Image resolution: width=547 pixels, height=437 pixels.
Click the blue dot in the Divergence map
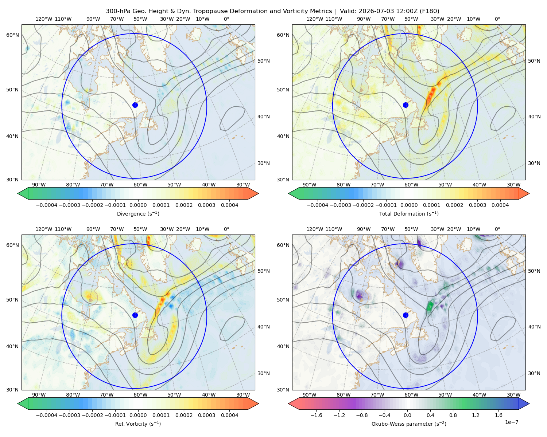[x=135, y=105]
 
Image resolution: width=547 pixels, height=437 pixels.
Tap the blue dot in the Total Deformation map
[x=406, y=105]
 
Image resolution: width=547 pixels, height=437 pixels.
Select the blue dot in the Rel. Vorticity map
[x=135, y=315]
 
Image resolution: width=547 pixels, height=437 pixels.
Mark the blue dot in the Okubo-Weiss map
[x=406, y=315]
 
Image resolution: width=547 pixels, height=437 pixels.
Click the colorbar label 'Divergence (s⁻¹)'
[x=138, y=213]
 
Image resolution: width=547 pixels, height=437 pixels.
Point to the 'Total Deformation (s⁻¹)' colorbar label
[x=409, y=213]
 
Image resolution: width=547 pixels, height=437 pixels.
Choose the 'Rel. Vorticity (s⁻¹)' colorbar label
[x=138, y=424]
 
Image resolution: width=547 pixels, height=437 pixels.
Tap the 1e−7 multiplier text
[x=511, y=422]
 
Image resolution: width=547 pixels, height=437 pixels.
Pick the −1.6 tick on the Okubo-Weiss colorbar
[x=316, y=415]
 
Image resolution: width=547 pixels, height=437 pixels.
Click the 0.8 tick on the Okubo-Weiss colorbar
[x=453, y=415]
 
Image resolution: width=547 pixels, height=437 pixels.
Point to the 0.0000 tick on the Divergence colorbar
[x=138, y=205]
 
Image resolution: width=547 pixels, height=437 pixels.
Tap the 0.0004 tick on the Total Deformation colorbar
[x=500, y=205]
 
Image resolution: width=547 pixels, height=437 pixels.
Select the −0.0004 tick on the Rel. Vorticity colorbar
[x=47, y=415]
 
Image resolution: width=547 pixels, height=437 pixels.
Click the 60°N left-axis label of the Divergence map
[x=12, y=35]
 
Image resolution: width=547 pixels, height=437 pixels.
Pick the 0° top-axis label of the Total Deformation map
[x=497, y=19]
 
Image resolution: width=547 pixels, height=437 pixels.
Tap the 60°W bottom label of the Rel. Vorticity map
[x=140, y=395]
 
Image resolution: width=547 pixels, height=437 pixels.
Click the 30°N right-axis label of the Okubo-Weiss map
[x=534, y=373]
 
